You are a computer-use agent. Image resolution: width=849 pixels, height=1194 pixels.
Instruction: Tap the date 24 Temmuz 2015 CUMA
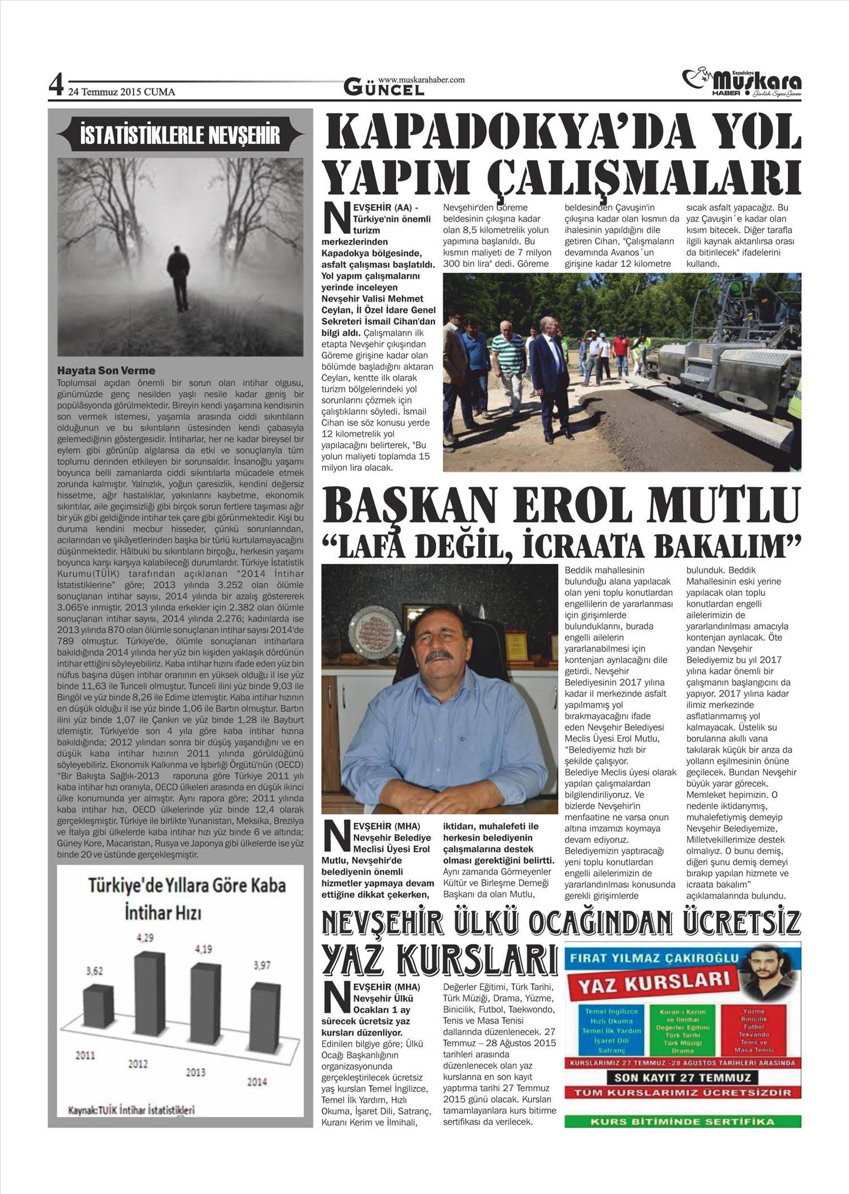122,92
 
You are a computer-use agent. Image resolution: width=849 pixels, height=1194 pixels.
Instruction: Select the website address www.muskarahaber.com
421,80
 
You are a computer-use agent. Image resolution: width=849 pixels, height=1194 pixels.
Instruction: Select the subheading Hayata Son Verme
106,371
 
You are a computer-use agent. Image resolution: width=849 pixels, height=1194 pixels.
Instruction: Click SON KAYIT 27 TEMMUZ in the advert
682,1077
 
